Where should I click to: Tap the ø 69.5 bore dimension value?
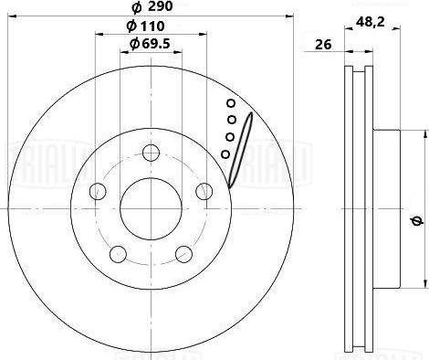(x=151, y=45)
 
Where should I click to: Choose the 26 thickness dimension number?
(x=322, y=43)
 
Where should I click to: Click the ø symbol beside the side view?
(x=416, y=219)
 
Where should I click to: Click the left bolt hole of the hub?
(x=97, y=190)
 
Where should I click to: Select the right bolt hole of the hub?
(x=204, y=190)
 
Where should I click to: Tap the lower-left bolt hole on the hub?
(x=118, y=253)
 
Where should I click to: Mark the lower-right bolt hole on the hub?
(x=183, y=253)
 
